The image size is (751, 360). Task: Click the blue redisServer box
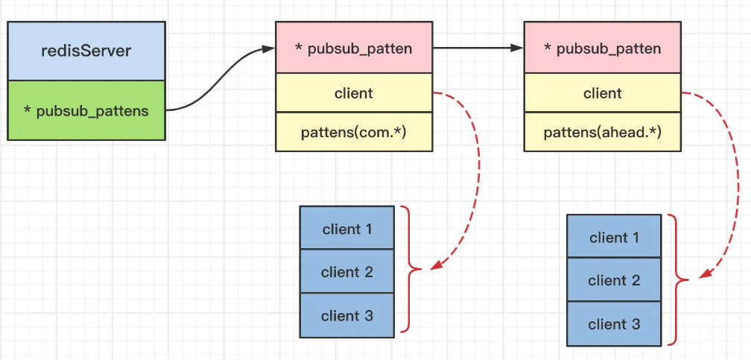point(86,51)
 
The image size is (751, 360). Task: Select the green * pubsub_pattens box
point(86,110)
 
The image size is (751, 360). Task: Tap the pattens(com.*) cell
point(354,132)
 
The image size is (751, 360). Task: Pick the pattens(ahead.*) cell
point(603,132)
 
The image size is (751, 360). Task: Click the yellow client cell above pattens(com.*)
point(354,92)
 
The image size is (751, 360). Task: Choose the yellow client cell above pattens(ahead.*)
point(603,92)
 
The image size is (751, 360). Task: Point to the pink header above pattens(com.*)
point(354,48)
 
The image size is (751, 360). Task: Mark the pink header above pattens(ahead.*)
point(603,48)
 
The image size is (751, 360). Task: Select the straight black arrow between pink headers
point(478,48)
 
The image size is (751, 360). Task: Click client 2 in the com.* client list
point(347,271)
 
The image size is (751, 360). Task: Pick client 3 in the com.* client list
point(347,315)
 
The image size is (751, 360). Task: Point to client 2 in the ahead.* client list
point(614,280)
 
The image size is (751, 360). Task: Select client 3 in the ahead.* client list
point(614,323)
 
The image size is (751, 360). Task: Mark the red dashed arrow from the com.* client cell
point(478,173)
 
